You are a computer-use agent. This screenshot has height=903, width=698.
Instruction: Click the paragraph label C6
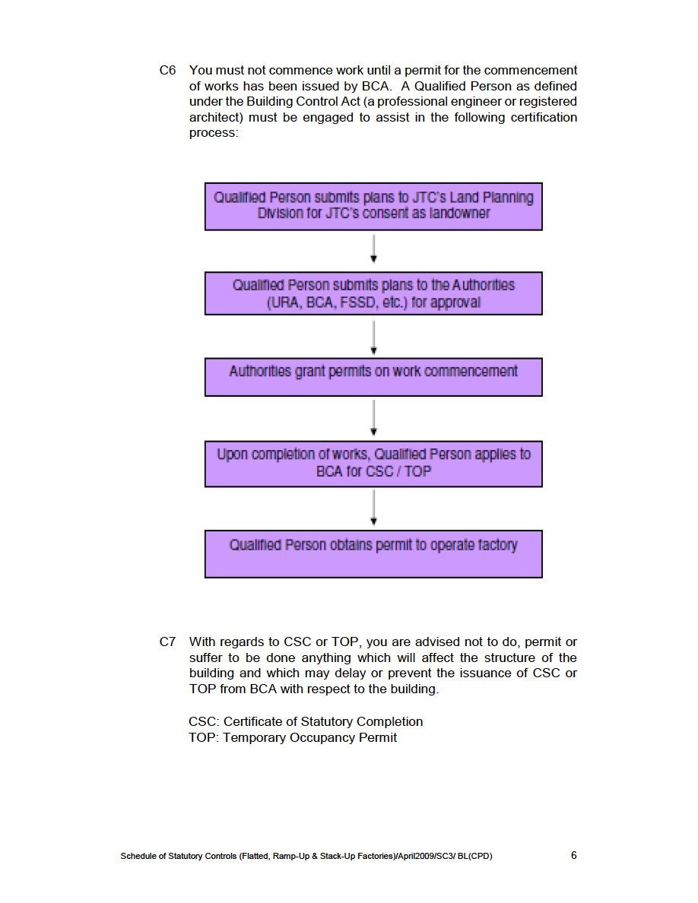tap(167, 71)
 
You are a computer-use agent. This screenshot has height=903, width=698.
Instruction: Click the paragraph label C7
tap(167, 642)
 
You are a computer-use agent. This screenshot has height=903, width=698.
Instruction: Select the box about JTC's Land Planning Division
tap(373, 206)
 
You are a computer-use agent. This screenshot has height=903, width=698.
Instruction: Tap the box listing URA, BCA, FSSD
tap(373, 293)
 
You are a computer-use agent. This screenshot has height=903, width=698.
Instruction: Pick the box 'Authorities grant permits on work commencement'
tap(373, 377)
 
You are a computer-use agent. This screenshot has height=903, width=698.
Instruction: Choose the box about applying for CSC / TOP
tap(373, 464)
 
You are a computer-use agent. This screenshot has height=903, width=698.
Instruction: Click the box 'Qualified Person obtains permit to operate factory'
tap(373, 553)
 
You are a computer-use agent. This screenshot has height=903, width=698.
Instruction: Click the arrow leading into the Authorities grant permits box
tap(374, 337)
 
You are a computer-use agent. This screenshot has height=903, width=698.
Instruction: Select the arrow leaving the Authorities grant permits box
tap(374, 418)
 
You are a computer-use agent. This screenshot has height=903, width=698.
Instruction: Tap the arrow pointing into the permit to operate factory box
tap(374, 508)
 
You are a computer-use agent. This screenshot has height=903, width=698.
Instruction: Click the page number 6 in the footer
tap(574, 855)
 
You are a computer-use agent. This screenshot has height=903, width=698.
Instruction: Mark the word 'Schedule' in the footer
tap(138, 857)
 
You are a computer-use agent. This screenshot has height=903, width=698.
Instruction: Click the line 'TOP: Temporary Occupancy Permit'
tap(293, 737)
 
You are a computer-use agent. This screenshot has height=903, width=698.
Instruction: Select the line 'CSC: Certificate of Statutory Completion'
tap(306, 721)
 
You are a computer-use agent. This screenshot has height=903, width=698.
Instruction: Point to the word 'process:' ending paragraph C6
tap(214, 133)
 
